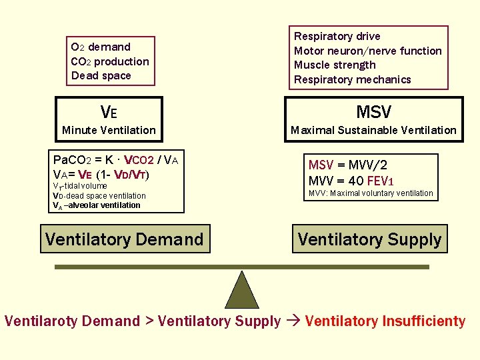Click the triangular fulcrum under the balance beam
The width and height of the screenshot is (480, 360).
click(x=241, y=290)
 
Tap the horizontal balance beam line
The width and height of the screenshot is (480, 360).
click(x=241, y=267)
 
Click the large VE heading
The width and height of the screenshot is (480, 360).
click(x=109, y=111)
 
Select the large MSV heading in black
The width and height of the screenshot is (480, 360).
click(x=373, y=111)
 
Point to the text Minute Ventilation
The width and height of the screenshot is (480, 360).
click(x=109, y=130)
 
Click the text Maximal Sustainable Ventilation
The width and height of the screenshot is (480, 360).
click(x=373, y=130)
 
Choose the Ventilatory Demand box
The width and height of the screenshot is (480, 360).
click(x=125, y=239)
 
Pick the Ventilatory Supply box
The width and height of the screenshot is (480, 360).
click(x=369, y=239)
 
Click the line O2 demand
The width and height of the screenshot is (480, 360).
click(x=101, y=47)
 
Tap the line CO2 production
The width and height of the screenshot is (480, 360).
click(x=110, y=61)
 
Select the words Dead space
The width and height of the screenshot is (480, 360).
click(x=101, y=75)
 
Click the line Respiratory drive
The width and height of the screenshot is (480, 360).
click(x=337, y=36)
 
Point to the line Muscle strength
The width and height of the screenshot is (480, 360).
click(x=335, y=65)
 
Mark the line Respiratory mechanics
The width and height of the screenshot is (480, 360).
click(x=353, y=79)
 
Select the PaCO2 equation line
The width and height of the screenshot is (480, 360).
click(x=115, y=160)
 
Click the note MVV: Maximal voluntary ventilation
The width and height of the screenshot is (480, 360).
click(x=370, y=193)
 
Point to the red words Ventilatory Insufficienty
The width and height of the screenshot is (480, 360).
click(x=385, y=321)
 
